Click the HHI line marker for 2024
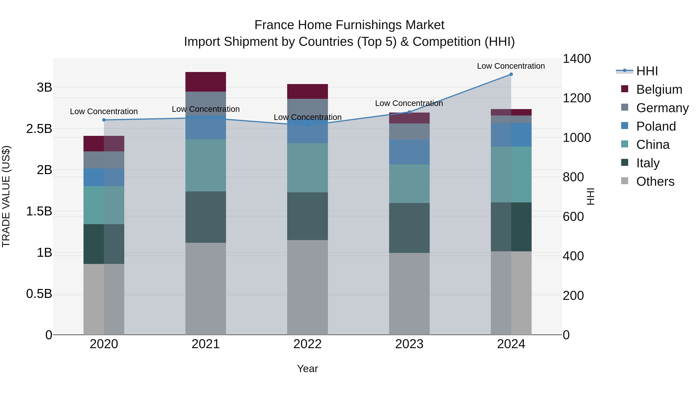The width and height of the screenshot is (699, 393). pyautogui.click(x=511, y=74)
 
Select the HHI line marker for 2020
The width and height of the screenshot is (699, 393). pyautogui.click(x=104, y=120)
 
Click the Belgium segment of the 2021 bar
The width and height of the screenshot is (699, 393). pyautogui.click(x=206, y=82)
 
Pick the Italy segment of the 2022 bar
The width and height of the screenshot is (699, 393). pyautogui.click(x=307, y=216)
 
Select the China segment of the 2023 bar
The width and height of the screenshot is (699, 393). pyautogui.click(x=409, y=184)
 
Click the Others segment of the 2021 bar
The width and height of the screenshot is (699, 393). pyautogui.click(x=206, y=289)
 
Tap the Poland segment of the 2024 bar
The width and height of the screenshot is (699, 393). pyautogui.click(x=511, y=135)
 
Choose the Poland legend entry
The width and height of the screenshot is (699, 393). pyautogui.click(x=656, y=126)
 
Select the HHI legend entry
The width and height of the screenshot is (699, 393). pyautogui.click(x=647, y=71)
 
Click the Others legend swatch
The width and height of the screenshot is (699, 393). pyautogui.click(x=625, y=181)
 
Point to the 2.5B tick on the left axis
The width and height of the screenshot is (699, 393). pyautogui.click(x=39, y=129)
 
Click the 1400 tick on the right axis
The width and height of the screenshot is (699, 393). pyautogui.click(x=577, y=59)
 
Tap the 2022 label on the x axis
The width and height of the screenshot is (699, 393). pyautogui.click(x=307, y=344)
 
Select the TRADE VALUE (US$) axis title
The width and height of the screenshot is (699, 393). pyautogui.click(x=6, y=197)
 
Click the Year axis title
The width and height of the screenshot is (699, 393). pyautogui.click(x=307, y=369)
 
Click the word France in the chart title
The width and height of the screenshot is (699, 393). pyautogui.click(x=274, y=25)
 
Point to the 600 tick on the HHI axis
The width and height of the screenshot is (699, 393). pyautogui.click(x=573, y=217)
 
